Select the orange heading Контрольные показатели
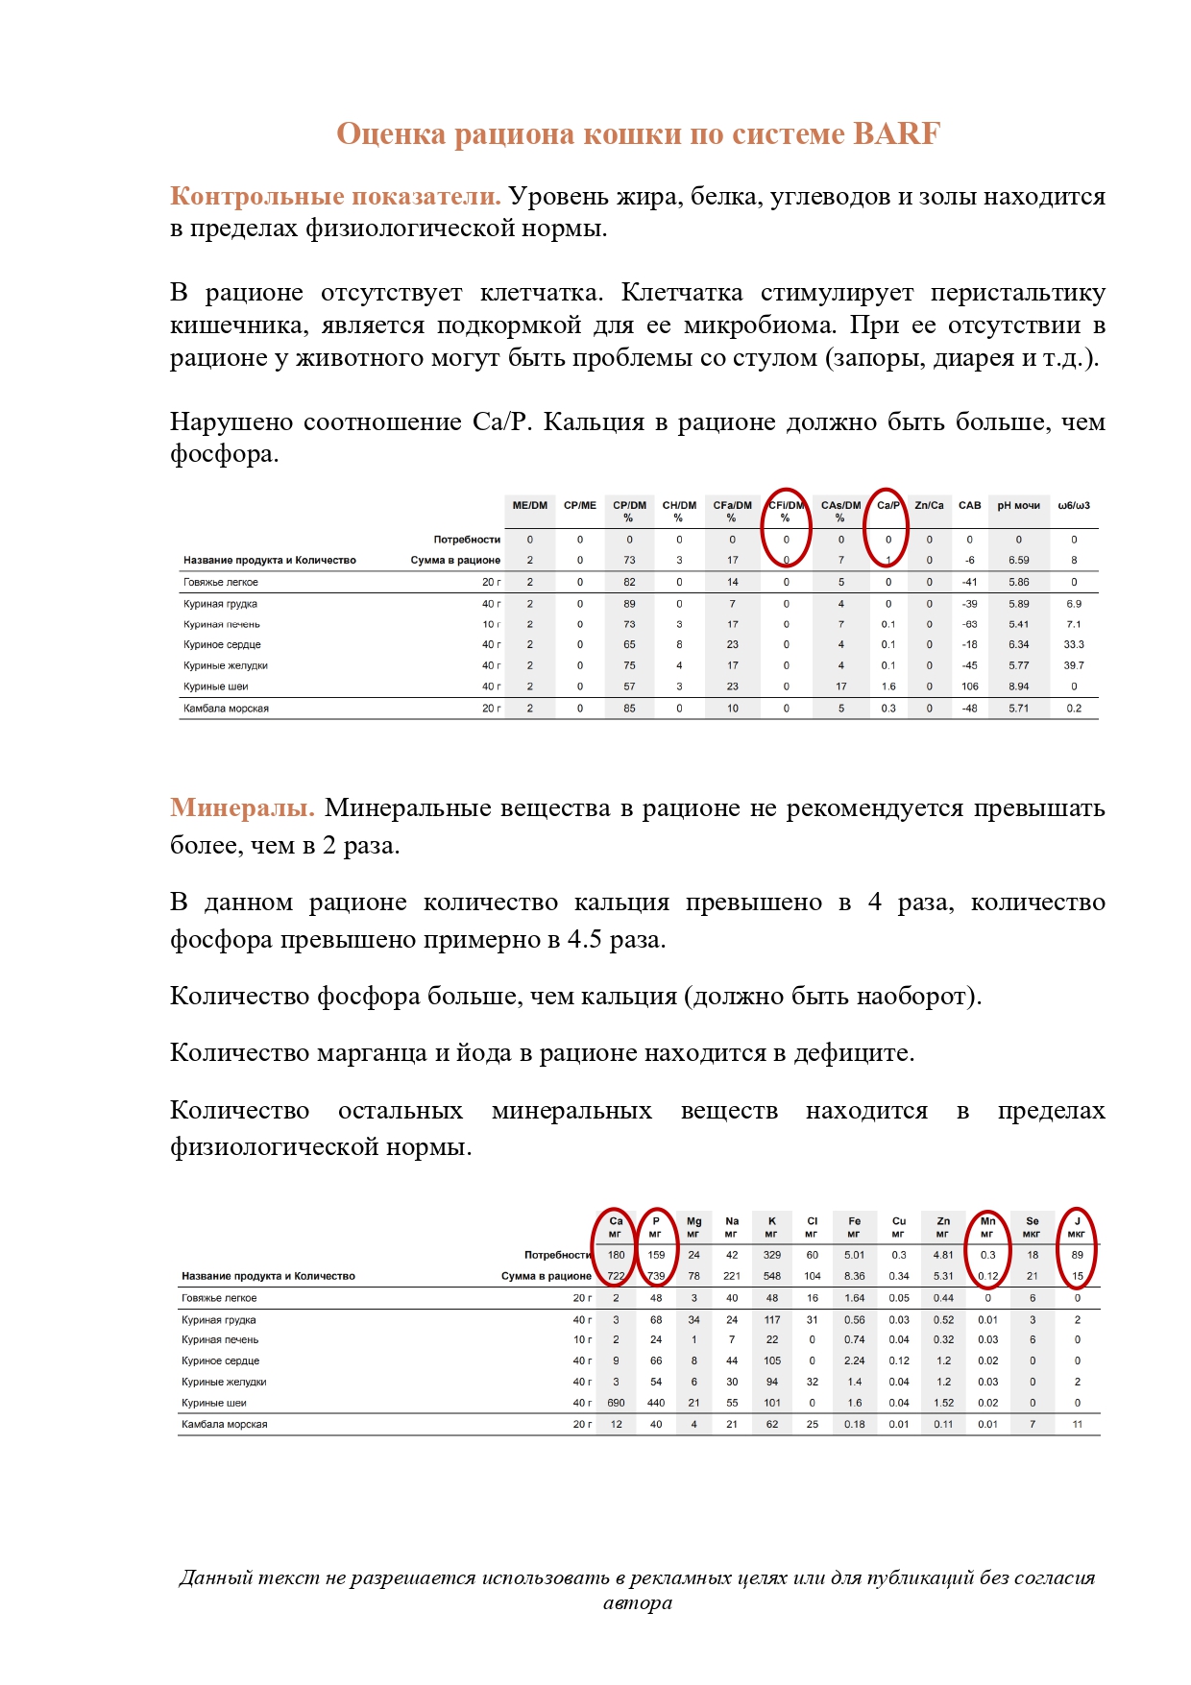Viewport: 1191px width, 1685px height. pyautogui.click(x=335, y=197)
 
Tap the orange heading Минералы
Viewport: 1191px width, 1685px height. pyautogui.click(x=242, y=808)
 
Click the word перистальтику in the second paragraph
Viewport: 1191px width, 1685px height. pyautogui.click(x=1018, y=293)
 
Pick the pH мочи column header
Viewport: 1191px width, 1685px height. pyautogui.click(x=1018, y=506)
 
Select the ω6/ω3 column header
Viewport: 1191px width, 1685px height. pyautogui.click(x=1073, y=506)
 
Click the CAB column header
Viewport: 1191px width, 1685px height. pyautogui.click(x=969, y=506)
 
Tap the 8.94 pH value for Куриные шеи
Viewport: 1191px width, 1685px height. pyautogui.click(x=1018, y=686)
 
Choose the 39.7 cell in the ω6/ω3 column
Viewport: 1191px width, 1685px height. pyautogui.click(x=1073, y=665)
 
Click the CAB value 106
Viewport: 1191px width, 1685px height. pyautogui.click(x=969, y=686)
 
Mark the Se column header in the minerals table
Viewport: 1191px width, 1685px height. pyautogui.click(x=1032, y=1227)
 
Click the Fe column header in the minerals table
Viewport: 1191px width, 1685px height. pyautogui.click(x=854, y=1227)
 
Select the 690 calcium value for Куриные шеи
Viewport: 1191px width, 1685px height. pyautogui.click(x=616, y=1403)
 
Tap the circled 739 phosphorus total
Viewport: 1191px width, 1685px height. pyautogui.click(x=656, y=1276)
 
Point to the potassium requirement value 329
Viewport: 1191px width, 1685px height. pyautogui.click(x=771, y=1255)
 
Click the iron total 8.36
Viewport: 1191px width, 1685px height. pyautogui.click(x=854, y=1276)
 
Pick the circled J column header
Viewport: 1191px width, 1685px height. pyautogui.click(x=1077, y=1227)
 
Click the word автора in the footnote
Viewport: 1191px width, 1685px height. pyautogui.click(x=637, y=1602)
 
